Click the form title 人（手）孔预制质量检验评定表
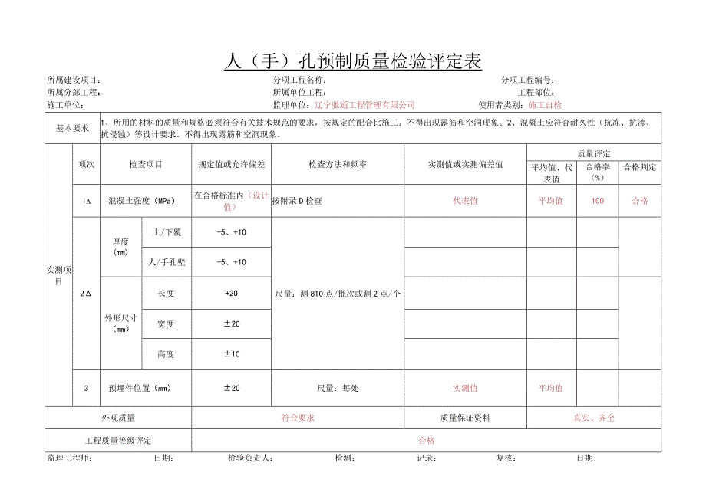click(353, 61)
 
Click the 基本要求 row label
click(73, 129)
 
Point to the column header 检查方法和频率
click(338, 165)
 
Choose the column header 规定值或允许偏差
click(231, 165)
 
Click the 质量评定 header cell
click(593, 154)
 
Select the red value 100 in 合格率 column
click(597, 201)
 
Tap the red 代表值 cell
click(465, 201)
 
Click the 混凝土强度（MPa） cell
click(141, 201)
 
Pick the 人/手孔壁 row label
click(167, 262)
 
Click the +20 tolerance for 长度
click(231, 294)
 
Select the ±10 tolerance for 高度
click(231, 354)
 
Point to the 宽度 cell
click(166, 324)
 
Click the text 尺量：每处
click(338, 388)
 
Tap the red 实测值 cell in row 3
click(465, 388)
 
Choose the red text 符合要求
click(298, 418)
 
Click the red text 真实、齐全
click(594, 418)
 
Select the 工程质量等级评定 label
click(118, 441)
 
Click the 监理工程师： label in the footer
click(70, 458)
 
